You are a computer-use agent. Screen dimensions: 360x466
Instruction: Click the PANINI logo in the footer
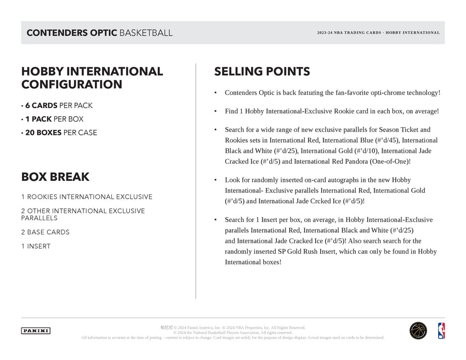click(x=36, y=330)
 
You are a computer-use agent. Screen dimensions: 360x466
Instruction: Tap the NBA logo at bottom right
click(x=441, y=330)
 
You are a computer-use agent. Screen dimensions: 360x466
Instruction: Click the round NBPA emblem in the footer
click(x=418, y=330)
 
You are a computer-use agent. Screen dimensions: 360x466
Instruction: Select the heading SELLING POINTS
click(x=262, y=71)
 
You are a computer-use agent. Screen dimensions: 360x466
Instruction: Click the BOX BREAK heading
click(x=55, y=177)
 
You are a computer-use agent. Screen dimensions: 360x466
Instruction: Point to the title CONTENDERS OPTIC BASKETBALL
click(x=99, y=33)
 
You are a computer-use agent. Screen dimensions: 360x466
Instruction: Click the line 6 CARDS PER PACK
click(x=57, y=106)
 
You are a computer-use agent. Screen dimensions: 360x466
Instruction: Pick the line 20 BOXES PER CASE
click(x=59, y=133)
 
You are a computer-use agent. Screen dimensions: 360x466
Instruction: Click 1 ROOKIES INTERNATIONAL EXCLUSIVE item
click(x=87, y=197)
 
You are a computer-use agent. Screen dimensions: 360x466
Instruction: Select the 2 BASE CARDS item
click(x=46, y=232)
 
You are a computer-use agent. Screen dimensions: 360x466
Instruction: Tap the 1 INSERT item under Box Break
click(x=36, y=247)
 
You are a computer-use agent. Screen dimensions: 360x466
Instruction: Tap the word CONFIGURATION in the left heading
click(x=72, y=84)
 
